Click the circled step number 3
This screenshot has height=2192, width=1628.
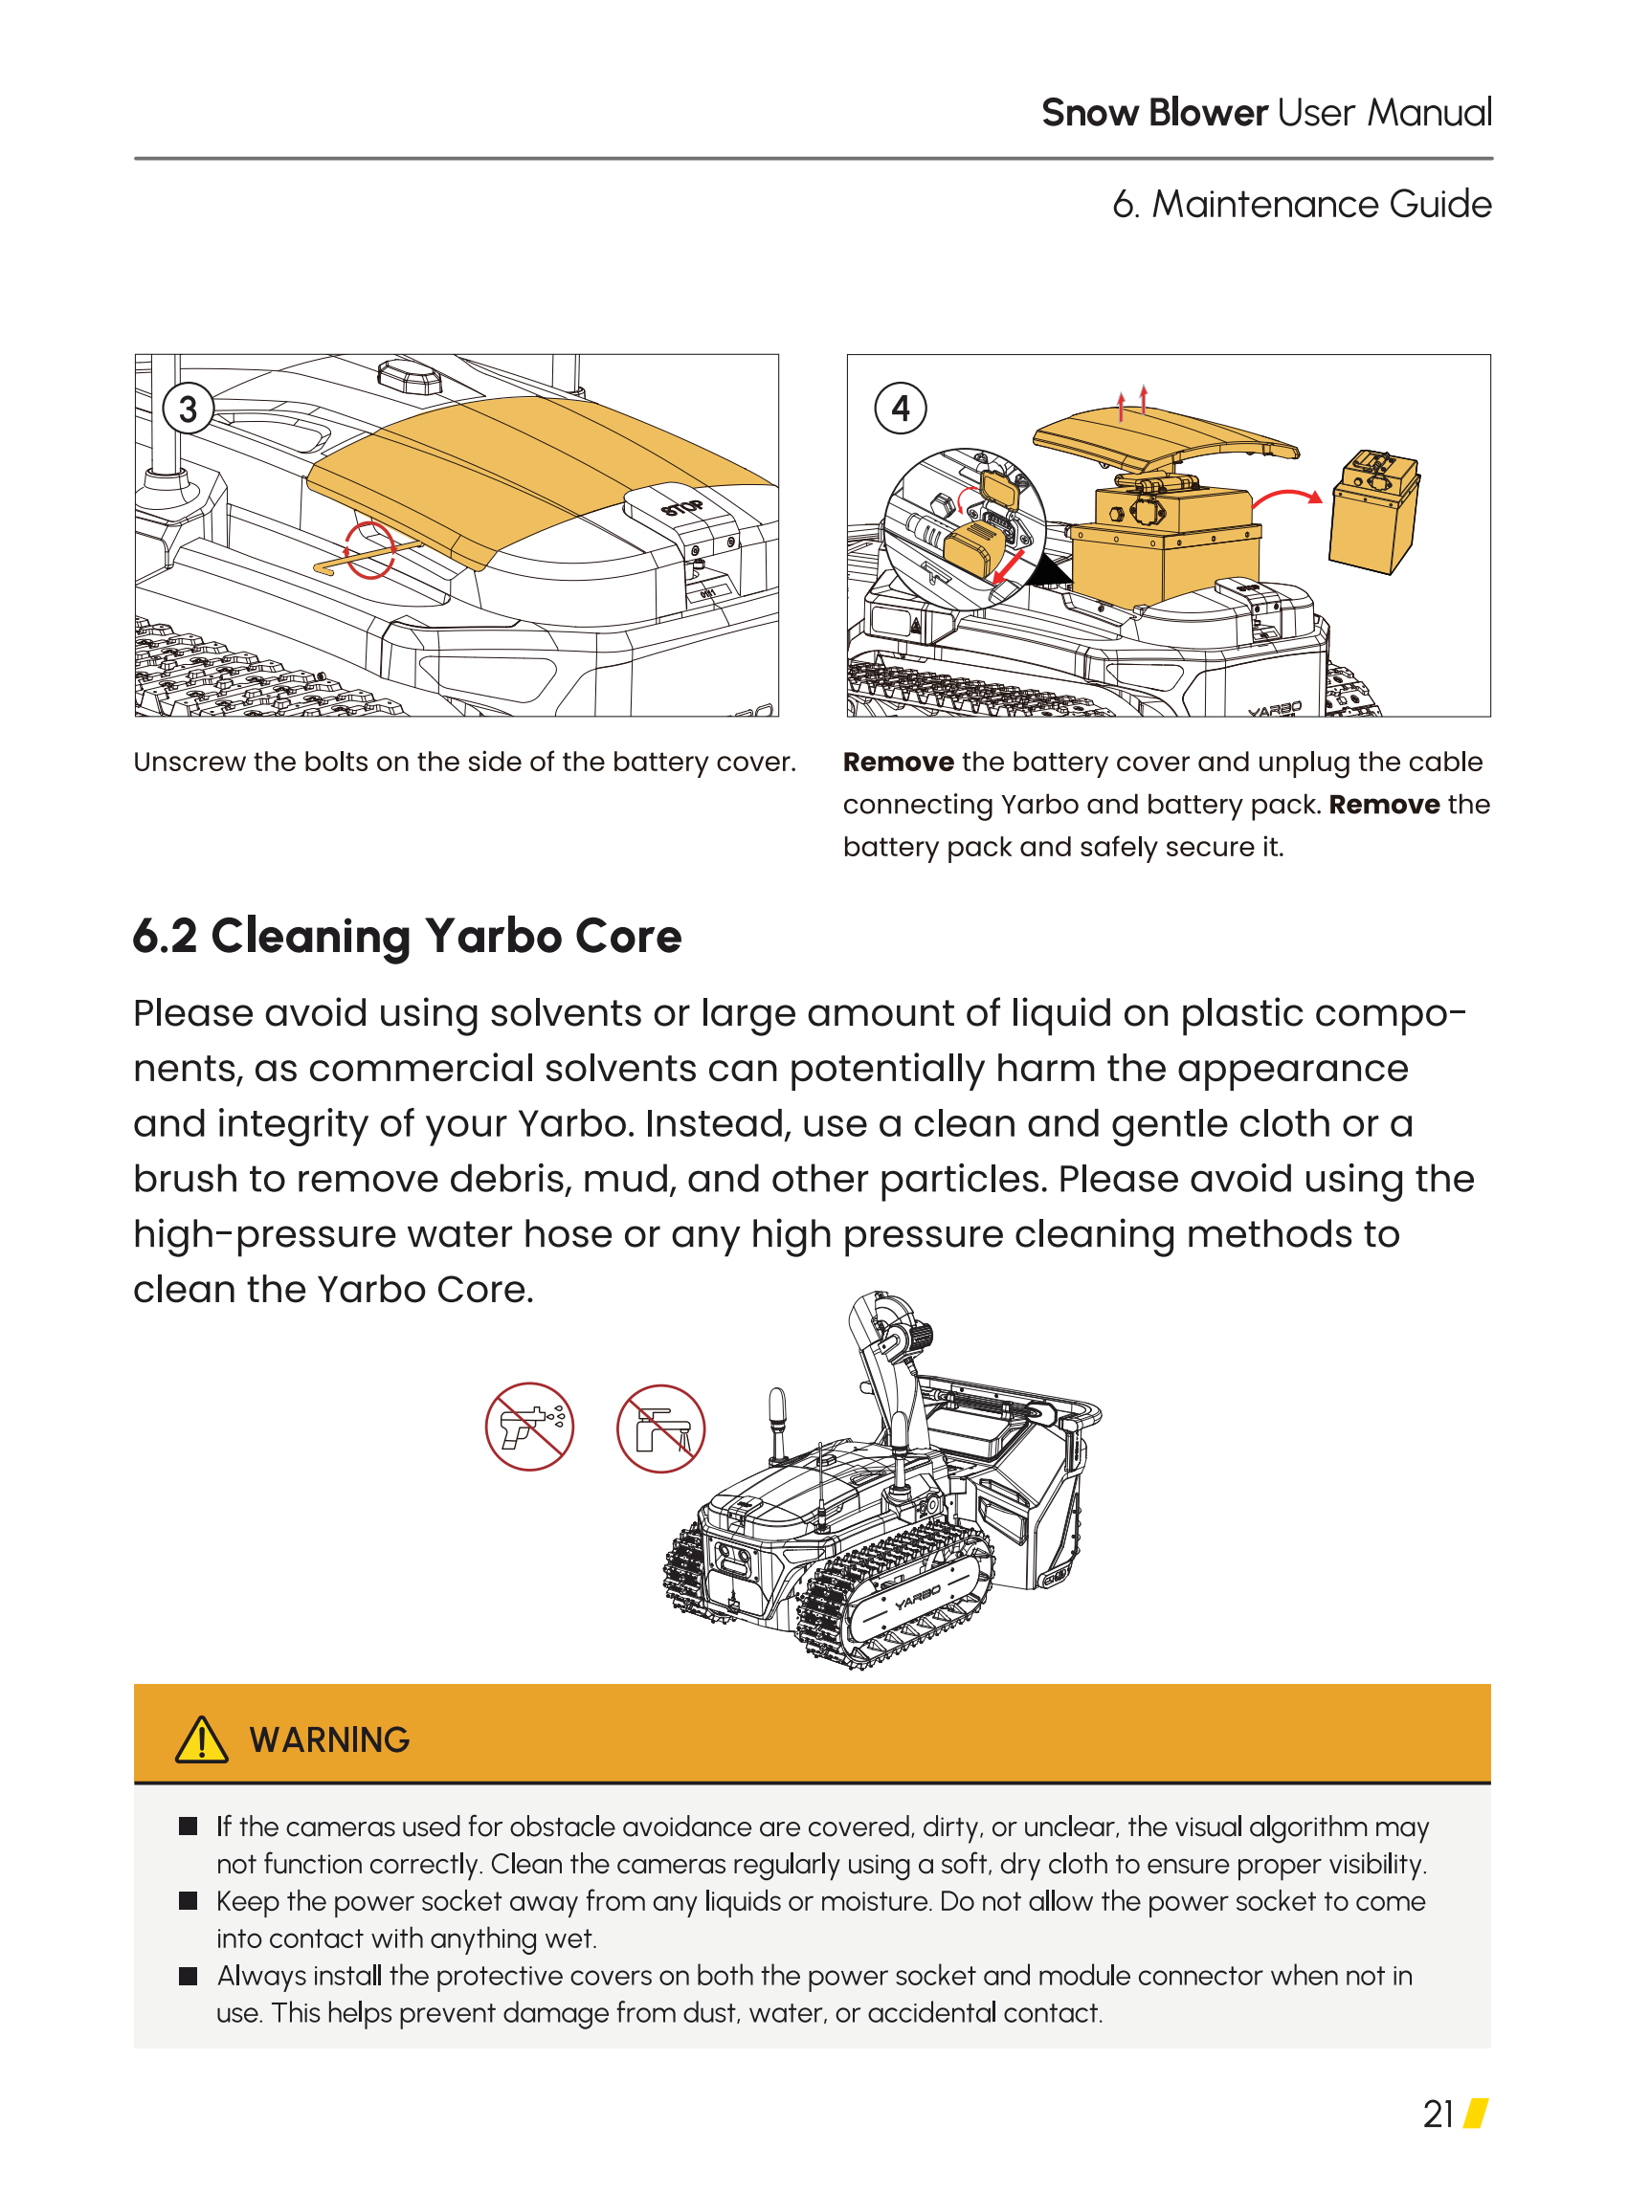pos(188,409)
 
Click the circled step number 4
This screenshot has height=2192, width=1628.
pos(900,409)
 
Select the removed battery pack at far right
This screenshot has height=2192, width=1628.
pos(1373,511)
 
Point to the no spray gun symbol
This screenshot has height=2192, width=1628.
pos(529,1427)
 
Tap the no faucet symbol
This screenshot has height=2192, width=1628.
pos(660,1428)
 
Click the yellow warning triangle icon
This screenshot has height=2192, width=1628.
pos(201,1739)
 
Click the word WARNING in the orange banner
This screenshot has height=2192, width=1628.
pos(329,1740)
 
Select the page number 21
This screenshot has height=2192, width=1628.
pos(1438,2115)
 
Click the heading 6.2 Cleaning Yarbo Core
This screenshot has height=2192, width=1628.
pos(407,937)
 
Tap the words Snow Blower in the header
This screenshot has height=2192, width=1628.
pos(1154,113)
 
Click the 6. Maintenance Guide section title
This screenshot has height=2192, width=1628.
pos(1302,205)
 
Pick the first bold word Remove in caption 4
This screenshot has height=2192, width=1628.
pos(898,763)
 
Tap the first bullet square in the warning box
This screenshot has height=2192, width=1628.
pos(189,1827)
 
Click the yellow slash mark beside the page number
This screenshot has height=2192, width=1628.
pos(1475,2115)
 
